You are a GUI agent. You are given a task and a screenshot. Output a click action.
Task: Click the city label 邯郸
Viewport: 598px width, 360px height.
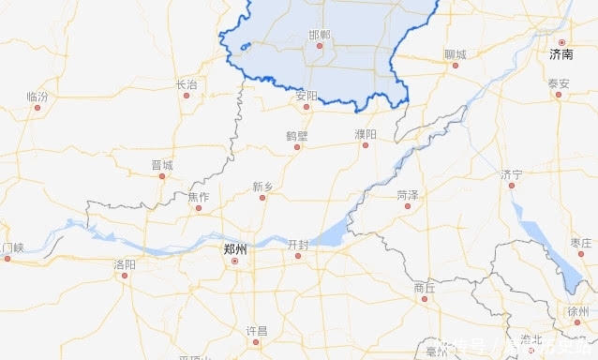pos(320,34)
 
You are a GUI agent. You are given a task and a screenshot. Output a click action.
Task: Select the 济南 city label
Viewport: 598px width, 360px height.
pos(561,55)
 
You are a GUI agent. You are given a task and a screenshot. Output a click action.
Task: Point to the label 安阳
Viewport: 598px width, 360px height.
pos(306,95)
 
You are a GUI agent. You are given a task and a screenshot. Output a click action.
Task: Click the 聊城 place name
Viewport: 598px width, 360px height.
pos(455,54)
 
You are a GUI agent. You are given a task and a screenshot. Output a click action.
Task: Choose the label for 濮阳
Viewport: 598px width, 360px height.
pos(366,135)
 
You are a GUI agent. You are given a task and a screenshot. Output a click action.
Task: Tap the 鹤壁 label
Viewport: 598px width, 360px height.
pos(297,135)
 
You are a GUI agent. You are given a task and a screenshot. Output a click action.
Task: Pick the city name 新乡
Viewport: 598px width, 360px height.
pos(262,187)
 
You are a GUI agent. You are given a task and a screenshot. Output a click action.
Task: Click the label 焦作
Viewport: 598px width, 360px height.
pos(199,196)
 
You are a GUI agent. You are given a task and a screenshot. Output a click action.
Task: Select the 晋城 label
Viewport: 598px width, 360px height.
pos(162,165)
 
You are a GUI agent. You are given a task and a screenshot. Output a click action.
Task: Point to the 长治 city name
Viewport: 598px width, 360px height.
pos(187,84)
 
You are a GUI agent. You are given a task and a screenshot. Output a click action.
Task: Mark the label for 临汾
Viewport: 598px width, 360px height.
pos(37,96)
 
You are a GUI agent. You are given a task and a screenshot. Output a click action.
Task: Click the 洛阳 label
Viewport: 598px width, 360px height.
pos(125,265)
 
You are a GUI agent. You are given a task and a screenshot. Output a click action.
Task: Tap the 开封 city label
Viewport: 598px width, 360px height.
pos(298,244)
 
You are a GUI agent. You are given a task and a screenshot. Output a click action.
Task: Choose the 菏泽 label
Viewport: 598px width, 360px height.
pos(407,195)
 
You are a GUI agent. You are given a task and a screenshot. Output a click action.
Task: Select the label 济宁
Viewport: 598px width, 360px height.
pos(511,174)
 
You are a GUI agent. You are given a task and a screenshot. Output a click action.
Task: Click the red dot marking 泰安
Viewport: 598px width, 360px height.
pos(559,95)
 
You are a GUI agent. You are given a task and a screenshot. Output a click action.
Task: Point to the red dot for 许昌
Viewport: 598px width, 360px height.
pos(256,342)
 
